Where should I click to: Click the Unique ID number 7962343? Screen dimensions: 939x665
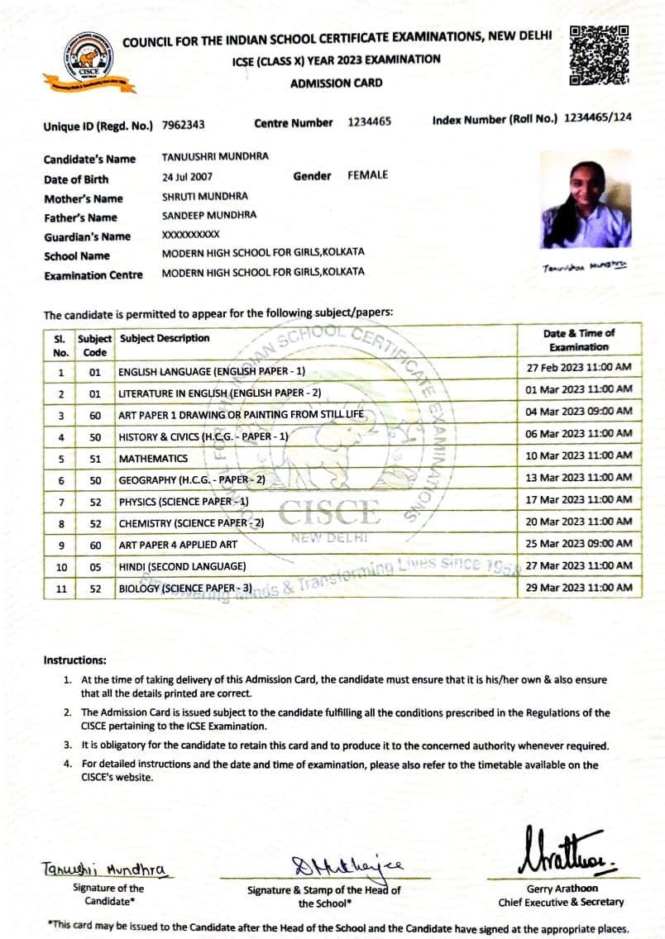pyautogui.click(x=184, y=125)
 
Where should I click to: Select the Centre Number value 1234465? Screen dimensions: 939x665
pyautogui.click(x=369, y=122)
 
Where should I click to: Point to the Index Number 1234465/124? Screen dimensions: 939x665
pyautogui.click(x=597, y=117)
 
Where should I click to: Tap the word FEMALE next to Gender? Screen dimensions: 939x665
pyautogui.click(x=367, y=175)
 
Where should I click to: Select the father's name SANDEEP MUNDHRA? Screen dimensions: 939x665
pyautogui.click(x=209, y=215)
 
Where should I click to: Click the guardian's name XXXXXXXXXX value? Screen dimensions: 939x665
pyautogui.click(x=190, y=235)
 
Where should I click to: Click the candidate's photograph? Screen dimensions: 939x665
pyautogui.click(x=586, y=200)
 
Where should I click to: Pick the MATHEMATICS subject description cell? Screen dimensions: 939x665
pyautogui.click(x=153, y=458)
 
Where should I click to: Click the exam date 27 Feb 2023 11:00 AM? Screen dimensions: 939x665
pyautogui.click(x=579, y=367)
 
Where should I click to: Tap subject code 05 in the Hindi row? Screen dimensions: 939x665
pyautogui.click(x=95, y=566)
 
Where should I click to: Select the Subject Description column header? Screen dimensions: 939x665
pyautogui.click(x=165, y=338)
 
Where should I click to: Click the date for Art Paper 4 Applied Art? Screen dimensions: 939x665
pyautogui.click(x=579, y=543)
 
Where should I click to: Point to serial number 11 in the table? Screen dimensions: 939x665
pyautogui.click(x=61, y=589)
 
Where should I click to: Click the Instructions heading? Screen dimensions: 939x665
pyautogui.click(x=74, y=660)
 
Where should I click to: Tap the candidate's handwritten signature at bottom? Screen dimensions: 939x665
pyautogui.click(x=104, y=869)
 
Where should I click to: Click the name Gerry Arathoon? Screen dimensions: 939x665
pyautogui.click(x=561, y=889)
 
